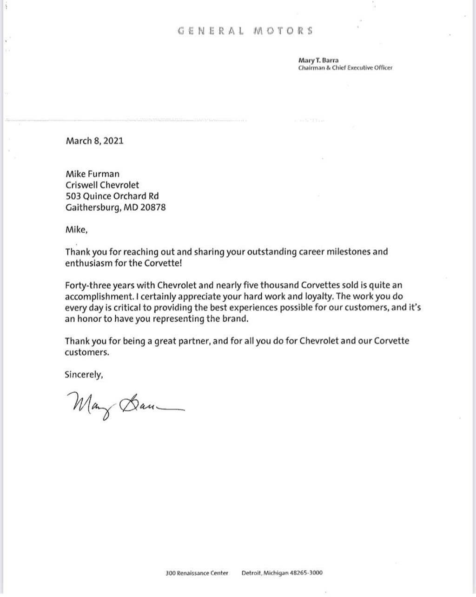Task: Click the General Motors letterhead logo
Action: click(245, 31)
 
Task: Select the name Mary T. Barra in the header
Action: click(318, 60)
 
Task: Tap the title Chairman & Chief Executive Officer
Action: click(345, 68)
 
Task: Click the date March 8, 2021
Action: click(95, 141)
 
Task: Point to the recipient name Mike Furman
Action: click(93, 174)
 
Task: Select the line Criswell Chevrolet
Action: click(102, 185)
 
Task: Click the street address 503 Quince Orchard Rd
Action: click(112, 196)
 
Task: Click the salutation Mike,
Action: click(76, 229)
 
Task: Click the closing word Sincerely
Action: click(83, 375)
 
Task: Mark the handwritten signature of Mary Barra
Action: click(124, 405)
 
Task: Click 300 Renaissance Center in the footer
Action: click(197, 573)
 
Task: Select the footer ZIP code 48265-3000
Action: click(306, 573)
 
